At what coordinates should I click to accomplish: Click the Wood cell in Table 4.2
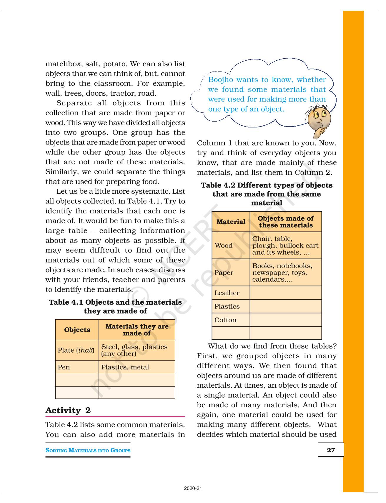pos(224,245)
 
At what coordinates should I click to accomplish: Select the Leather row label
pos(227,293)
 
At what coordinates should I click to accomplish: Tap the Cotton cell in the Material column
pos(225,320)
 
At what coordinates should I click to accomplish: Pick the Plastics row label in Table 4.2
pos(227,306)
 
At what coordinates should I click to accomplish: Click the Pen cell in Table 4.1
pos(64,367)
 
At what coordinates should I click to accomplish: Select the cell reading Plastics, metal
pos(125,367)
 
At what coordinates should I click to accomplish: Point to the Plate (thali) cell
pos(76,350)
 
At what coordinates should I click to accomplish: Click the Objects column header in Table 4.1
pos(77,330)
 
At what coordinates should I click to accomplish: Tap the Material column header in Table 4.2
pos(231,222)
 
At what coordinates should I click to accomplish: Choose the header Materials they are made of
pos(137,330)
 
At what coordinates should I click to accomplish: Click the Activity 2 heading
pos(68,410)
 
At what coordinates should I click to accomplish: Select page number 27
pos(331,450)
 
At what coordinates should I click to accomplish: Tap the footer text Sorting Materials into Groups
pos(88,450)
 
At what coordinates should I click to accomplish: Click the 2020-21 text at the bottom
pos(193,489)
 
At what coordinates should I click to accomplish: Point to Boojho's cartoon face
pos(319,120)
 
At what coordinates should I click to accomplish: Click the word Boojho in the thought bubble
pos(221,80)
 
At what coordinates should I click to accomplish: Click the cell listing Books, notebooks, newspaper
pos(282,273)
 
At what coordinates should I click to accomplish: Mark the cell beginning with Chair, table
pos(285,245)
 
